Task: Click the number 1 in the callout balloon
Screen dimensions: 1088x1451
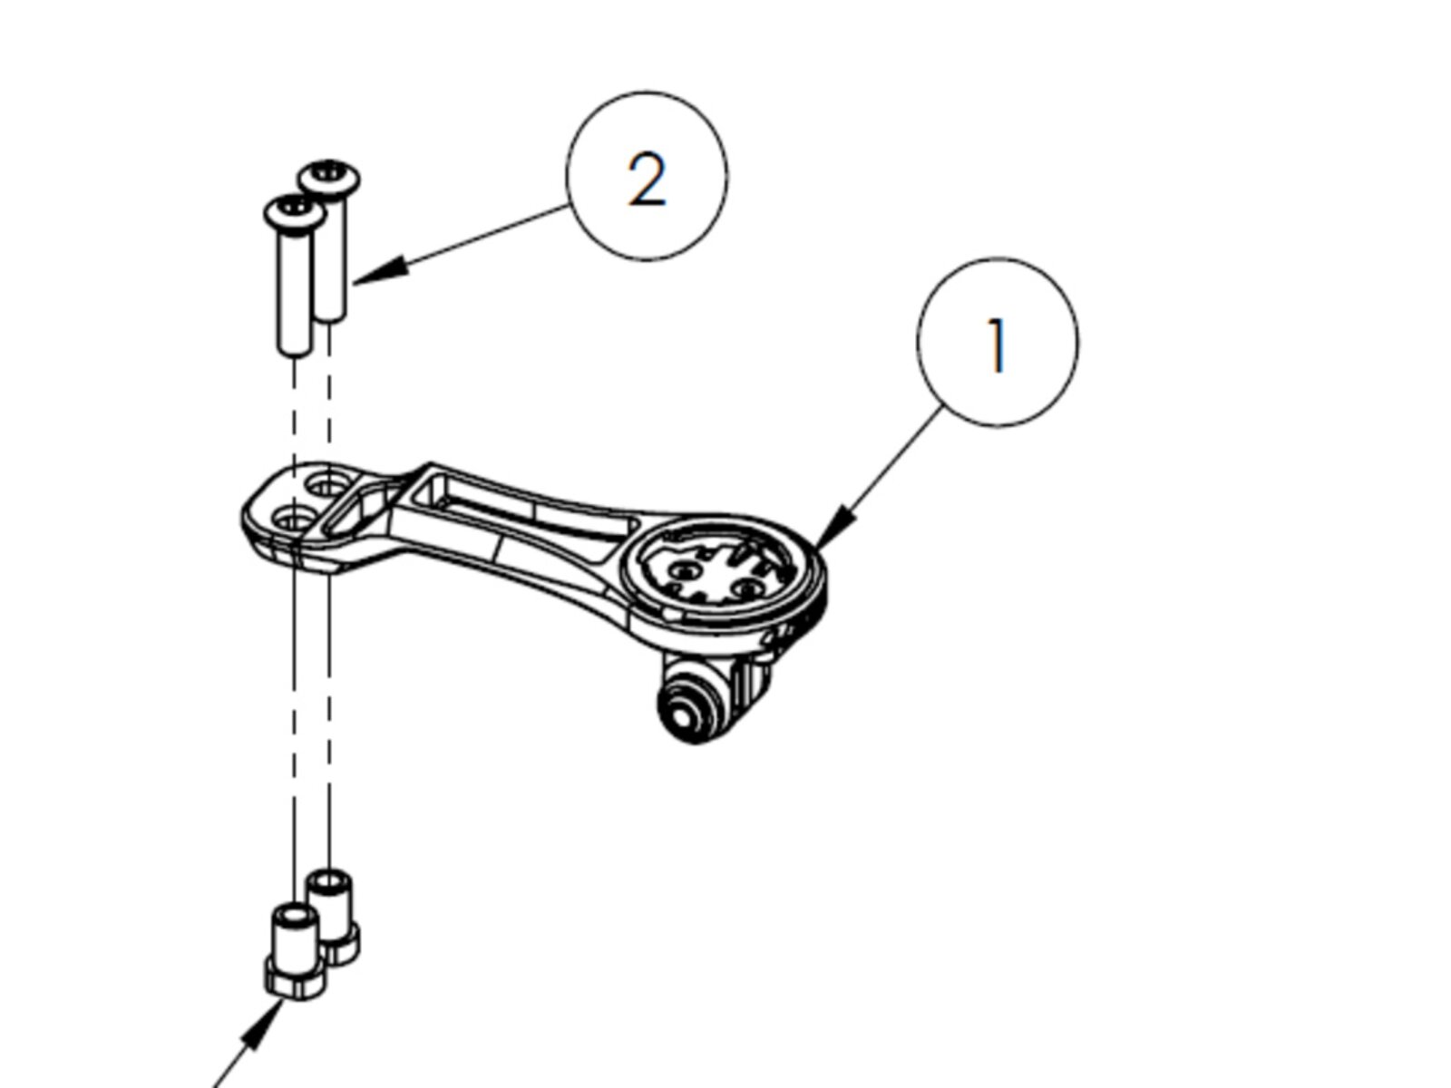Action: coord(997,345)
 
